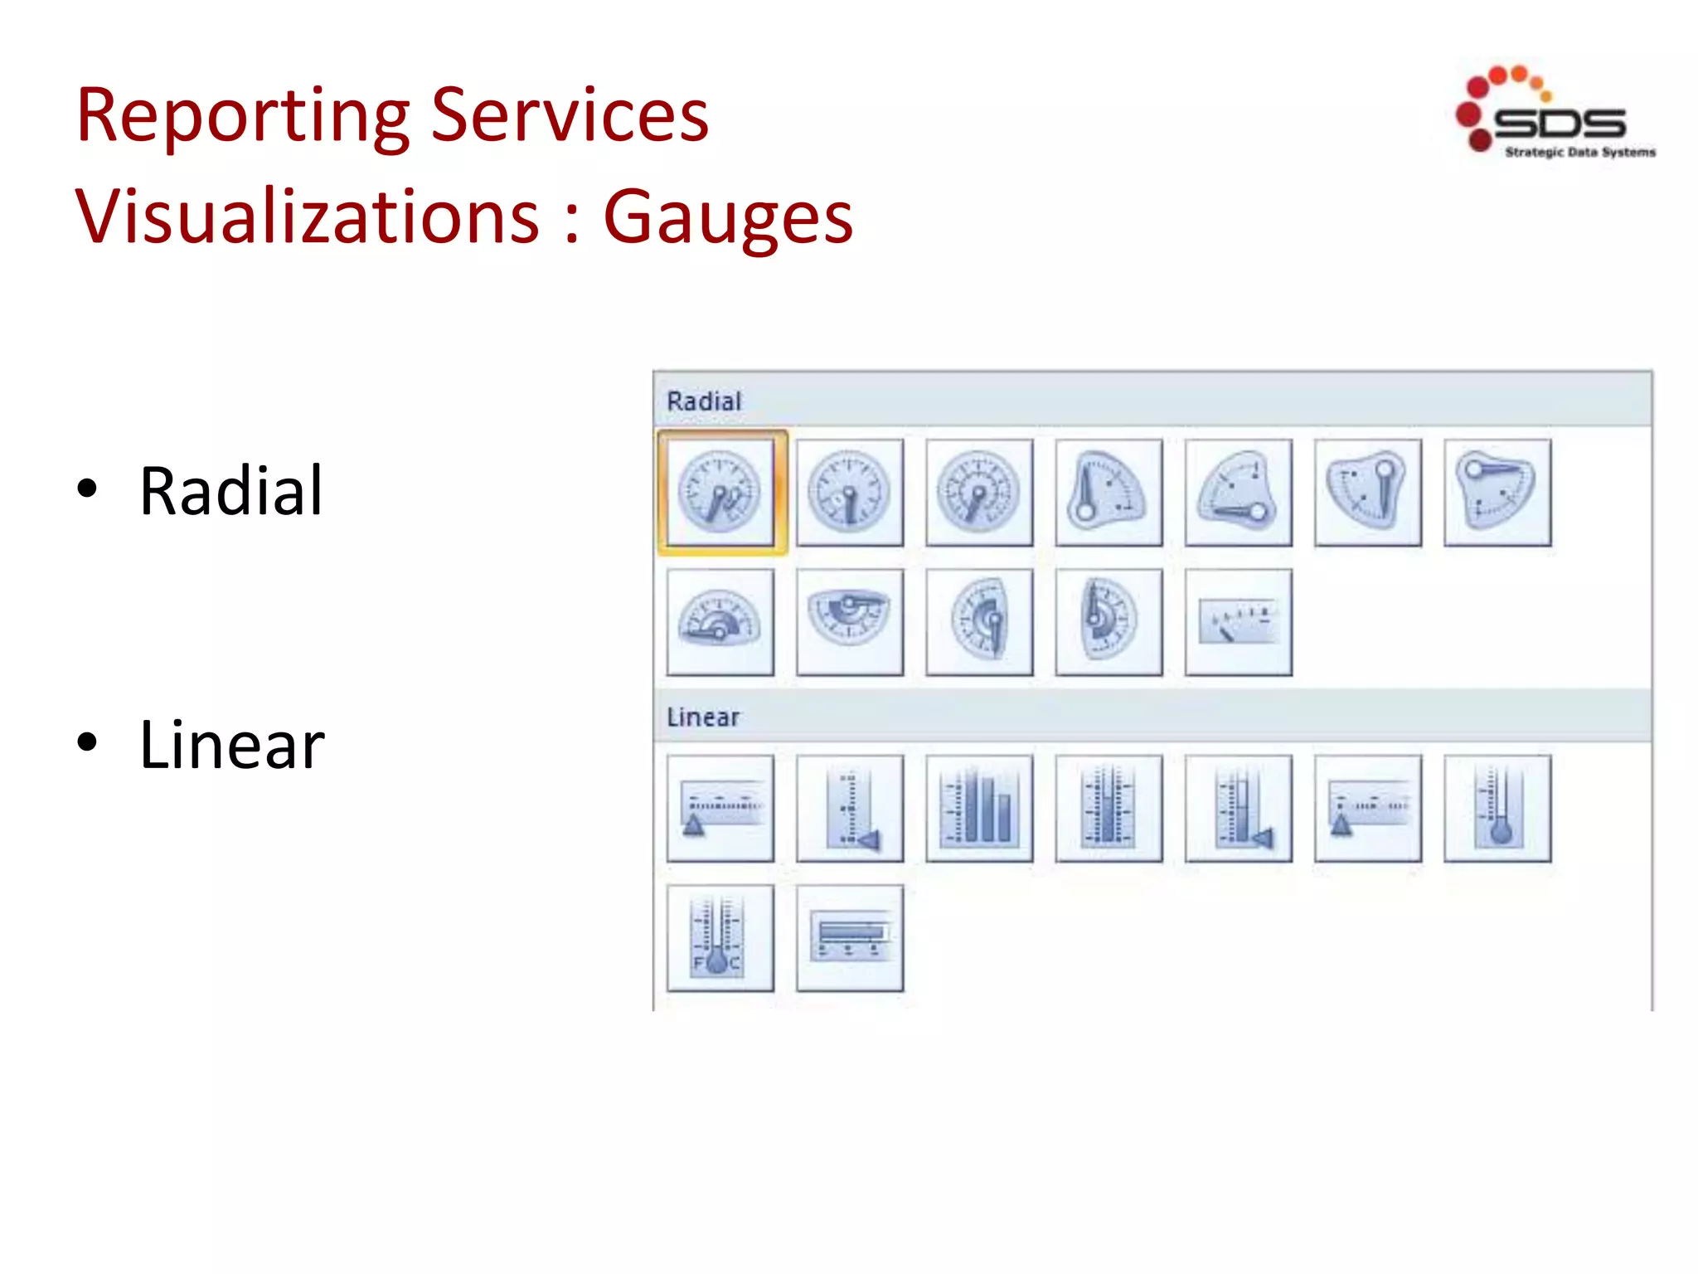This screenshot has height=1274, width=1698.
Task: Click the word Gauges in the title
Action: pyautogui.click(x=728, y=217)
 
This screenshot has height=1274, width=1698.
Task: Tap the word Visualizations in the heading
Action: pyautogui.click(x=308, y=217)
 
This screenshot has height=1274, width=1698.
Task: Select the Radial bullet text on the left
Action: pyautogui.click(x=230, y=491)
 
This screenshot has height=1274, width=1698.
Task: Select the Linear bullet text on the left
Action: pyautogui.click(x=231, y=745)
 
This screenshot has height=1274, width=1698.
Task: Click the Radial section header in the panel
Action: pyautogui.click(x=704, y=401)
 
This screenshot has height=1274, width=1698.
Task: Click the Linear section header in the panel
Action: pyautogui.click(x=703, y=717)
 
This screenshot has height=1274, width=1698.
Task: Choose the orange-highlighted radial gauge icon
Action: pyautogui.click(x=720, y=493)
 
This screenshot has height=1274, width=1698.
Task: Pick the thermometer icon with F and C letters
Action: pyautogui.click(x=720, y=937)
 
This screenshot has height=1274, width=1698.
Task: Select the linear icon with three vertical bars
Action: pyautogui.click(x=979, y=808)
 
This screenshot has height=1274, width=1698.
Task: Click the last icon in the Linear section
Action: pyautogui.click(x=850, y=937)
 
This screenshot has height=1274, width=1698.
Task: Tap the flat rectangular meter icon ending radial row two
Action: pyautogui.click(x=1238, y=622)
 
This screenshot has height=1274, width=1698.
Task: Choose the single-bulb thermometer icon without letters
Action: pyautogui.click(x=1497, y=808)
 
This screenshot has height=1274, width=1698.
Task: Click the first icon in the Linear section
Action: pyautogui.click(x=720, y=808)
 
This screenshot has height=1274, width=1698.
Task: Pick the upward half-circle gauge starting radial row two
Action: pyautogui.click(x=720, y=622)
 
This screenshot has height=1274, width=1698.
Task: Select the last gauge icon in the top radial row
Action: pyautogui.click(x=1497, y=493)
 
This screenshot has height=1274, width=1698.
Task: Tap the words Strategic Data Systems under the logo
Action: pyautogui.click(x=1579, y=152)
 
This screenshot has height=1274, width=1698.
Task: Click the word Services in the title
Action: pyautogui.click(x=570, y=116)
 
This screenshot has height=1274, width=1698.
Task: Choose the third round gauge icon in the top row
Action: pyautogui.click(x=979, y=493)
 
